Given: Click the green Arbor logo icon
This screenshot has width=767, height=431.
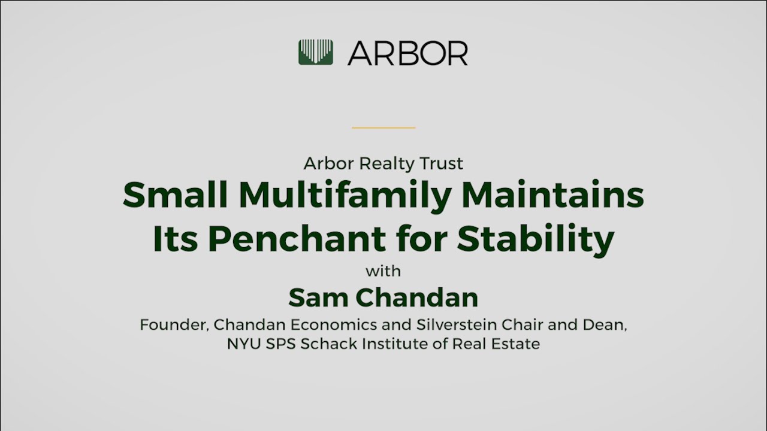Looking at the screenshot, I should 316,53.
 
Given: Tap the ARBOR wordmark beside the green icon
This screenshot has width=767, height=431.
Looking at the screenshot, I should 407,53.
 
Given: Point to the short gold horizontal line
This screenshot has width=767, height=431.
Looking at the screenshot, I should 383,128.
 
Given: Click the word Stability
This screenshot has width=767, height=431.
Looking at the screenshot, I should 536,239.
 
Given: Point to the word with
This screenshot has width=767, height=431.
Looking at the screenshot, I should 383,271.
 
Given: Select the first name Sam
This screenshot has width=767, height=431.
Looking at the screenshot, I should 316,298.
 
